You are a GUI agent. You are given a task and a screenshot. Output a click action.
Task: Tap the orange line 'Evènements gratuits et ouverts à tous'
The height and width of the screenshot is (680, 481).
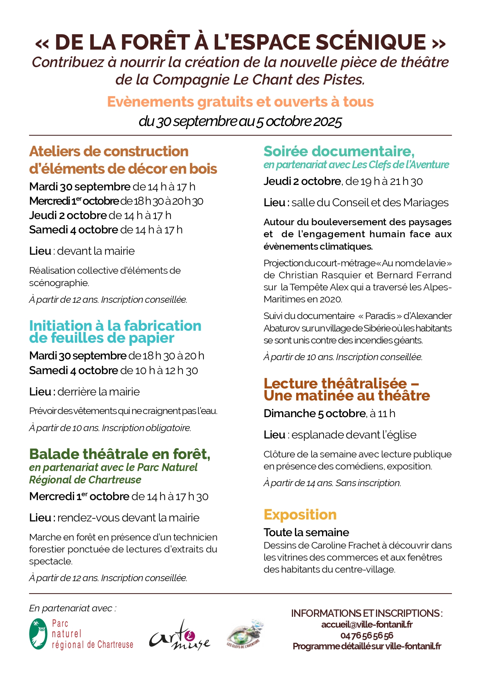[240, 102]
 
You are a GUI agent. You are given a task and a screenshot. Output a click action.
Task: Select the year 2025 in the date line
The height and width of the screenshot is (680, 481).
[328, 122]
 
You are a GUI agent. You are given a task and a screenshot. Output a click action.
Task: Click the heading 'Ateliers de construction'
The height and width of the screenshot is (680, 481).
[109, 152]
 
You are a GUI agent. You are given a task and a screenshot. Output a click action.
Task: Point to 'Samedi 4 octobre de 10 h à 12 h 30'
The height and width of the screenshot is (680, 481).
[114, 371]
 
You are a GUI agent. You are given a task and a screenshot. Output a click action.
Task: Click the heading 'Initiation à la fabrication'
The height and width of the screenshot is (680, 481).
[115, 326]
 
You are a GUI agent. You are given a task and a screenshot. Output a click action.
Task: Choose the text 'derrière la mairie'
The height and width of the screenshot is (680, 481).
[98, 392]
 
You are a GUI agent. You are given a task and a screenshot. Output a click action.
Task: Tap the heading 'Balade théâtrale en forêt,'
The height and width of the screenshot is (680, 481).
[120, 454]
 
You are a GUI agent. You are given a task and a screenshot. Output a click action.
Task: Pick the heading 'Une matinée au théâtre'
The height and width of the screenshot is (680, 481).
[347, 396]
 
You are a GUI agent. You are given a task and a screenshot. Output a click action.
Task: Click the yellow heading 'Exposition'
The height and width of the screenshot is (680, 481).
[300, 514]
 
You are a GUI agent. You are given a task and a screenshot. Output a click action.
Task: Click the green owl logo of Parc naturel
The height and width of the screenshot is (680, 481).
[38, 633]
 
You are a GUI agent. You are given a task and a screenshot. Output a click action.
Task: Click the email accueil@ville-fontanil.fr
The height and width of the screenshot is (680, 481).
[367, 625]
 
